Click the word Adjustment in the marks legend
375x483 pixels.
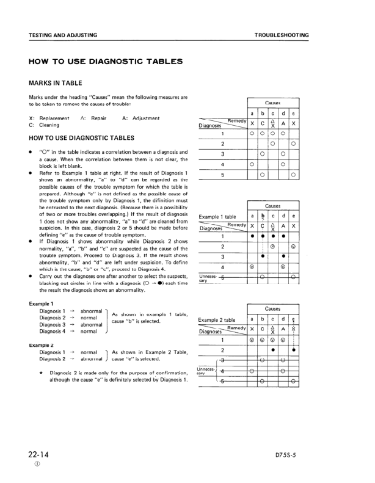(141, 118)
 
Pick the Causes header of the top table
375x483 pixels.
(273, 103)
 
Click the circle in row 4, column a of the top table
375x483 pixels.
(252, 164)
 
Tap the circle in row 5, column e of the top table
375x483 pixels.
(294, 175)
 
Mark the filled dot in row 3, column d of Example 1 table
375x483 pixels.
(283, 256)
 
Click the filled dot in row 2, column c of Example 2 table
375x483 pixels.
(273, 350)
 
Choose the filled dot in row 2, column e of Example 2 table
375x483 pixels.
(294, 350)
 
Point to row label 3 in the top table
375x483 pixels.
(222, 154)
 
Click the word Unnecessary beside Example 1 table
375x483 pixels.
(207, 278)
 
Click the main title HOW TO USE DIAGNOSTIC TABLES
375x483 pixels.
(105, 62)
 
